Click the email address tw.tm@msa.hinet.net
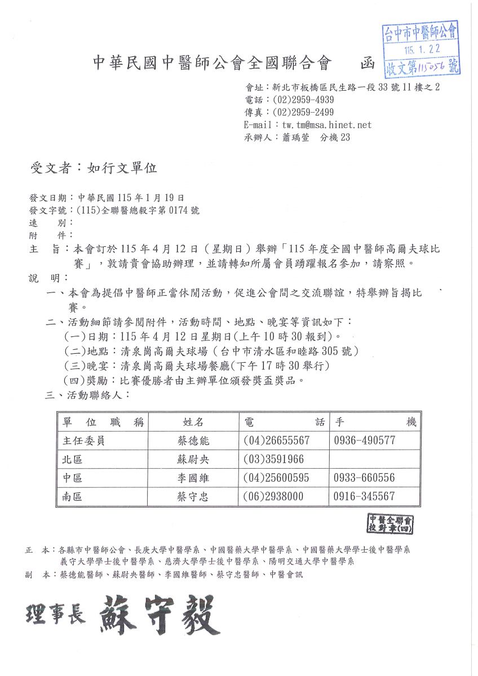[327, 125]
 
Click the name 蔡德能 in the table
[193, 441]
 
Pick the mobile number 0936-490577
[364, 441]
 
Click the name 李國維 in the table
[193, 478]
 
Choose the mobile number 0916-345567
[364, 496]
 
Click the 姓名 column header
[193, 422]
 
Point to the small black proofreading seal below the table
[391, 524]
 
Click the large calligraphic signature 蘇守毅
[160, 613]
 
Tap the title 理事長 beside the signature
[55, 614]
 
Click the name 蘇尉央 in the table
[193, 459]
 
